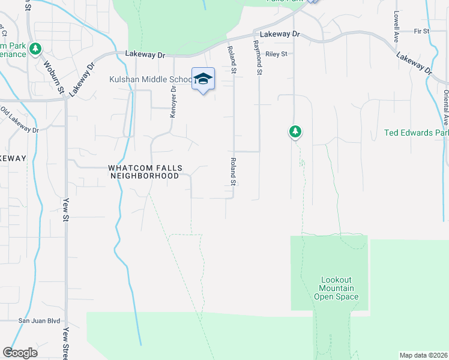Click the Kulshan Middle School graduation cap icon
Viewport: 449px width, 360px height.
(203, 79)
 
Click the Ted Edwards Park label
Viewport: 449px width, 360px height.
(417, 133)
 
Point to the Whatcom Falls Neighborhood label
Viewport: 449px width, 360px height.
(144, 172)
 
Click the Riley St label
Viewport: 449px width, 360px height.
(277, 53)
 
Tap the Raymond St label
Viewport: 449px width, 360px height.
(259, 58)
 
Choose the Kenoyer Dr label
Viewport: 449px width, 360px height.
(173, 101)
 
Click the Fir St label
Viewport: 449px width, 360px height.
(421, 31)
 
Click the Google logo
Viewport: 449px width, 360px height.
(20, 353)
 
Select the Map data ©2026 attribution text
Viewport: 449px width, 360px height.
(423, 355)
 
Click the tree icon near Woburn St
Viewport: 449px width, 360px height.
(36, 48)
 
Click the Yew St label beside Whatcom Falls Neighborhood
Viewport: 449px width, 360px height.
(65, 209)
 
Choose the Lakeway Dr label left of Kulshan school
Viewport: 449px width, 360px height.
(145, 54)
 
